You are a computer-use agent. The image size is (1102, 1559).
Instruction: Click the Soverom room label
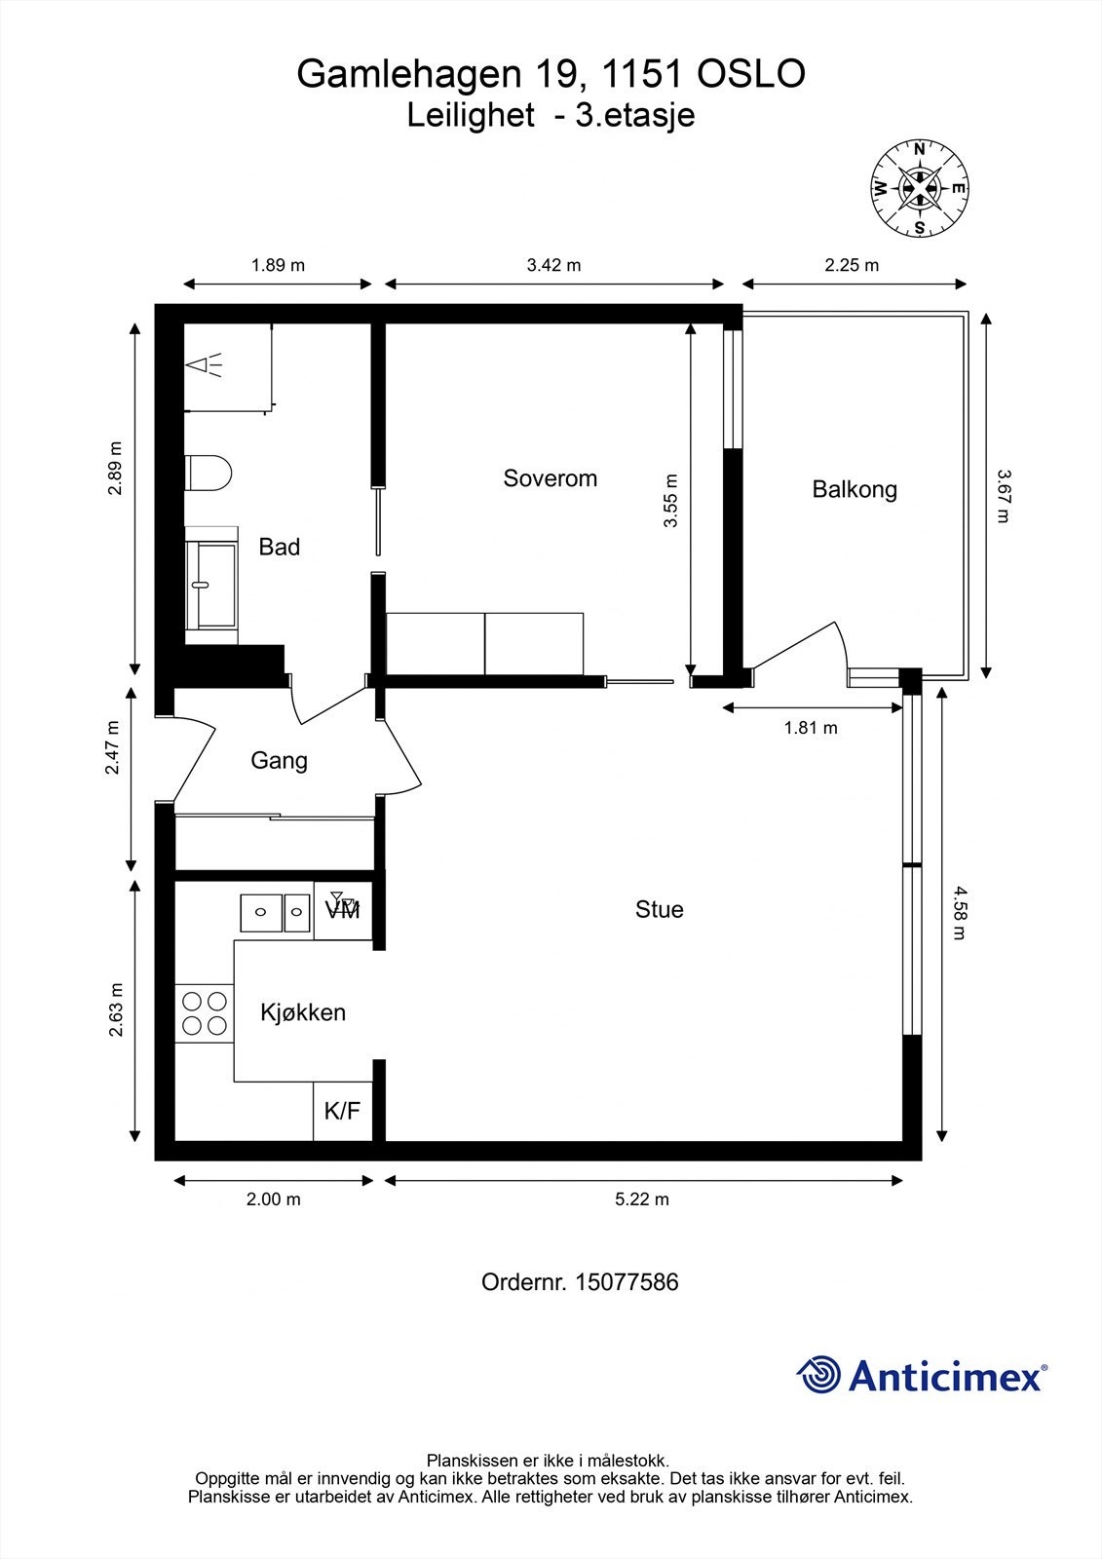(550, 478)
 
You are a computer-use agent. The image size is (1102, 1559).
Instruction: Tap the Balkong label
(855, 489)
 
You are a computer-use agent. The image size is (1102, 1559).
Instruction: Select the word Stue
(660, 909)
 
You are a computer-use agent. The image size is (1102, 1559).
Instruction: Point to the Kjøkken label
(303, 1012)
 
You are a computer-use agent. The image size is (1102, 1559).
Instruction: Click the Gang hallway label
(280, 761)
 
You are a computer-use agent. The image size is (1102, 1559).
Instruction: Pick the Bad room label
(280, 547)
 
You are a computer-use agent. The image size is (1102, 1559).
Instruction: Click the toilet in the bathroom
(209, 474)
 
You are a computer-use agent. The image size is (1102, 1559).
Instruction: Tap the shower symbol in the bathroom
(204, 364)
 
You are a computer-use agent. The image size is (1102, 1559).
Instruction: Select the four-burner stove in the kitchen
(204, 1012)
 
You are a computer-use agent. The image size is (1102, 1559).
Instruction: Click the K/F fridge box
(343, 1111)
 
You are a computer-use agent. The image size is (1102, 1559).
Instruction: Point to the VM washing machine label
(343, 910)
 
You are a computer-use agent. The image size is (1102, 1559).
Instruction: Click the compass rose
(920, 188)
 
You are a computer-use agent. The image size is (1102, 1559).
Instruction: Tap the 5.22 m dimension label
(642, 1199)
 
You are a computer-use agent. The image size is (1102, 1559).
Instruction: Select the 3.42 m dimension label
(553, 265)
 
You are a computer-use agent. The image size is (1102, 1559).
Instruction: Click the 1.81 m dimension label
(811, 728)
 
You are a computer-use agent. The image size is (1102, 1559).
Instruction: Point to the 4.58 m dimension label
(960, 912)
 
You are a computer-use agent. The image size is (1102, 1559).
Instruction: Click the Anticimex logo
(922, 1375)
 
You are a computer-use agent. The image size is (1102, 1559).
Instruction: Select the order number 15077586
(627, 1282)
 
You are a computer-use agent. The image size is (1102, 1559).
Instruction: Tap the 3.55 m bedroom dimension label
(670, 501)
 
